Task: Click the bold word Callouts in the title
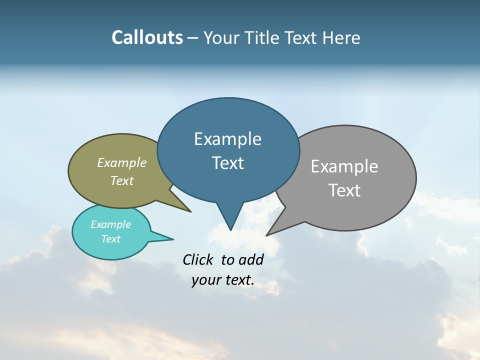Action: click(x=147, y=37)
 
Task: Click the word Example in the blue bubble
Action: click(x=227, y=139)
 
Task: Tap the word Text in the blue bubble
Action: click(x=227, y=163)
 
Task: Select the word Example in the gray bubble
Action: click(x=344, y=166)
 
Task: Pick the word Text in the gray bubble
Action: click(x=344, y=190)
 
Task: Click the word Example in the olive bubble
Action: click(x=122, y=163)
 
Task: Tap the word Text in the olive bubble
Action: click(x=122, y=180)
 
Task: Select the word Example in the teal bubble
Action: click(x=110, y=224)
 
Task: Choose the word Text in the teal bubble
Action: click(x=110, y=239)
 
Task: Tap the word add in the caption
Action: click(x=250, y=259)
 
